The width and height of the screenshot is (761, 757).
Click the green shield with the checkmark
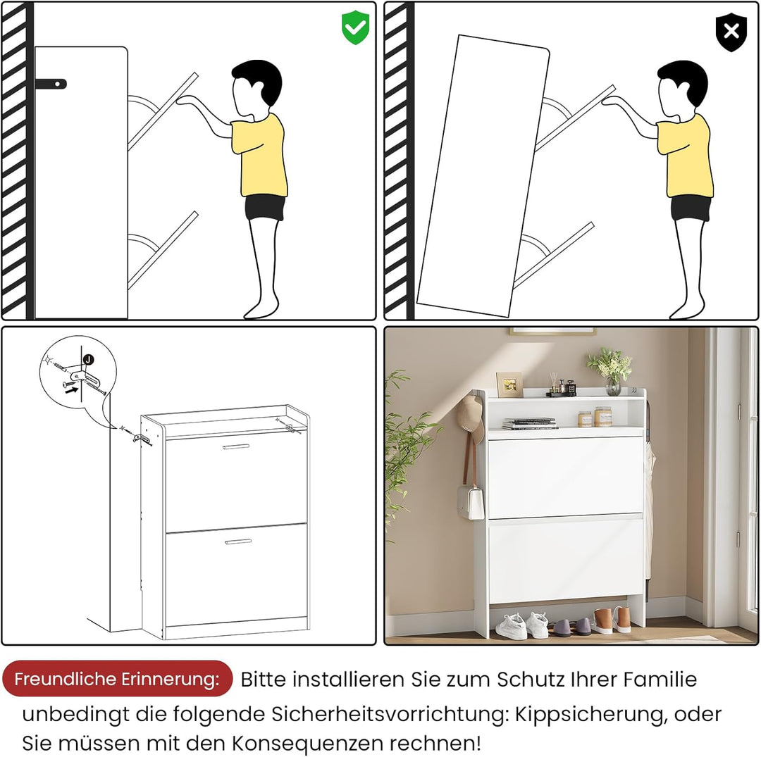[355, 27]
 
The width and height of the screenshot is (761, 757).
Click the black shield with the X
[731, 32]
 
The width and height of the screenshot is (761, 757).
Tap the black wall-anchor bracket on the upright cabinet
[51, 84]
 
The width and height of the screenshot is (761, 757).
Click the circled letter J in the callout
[88, 359]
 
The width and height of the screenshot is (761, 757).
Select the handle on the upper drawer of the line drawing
[236, 446]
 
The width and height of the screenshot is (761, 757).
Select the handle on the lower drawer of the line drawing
[238, 542]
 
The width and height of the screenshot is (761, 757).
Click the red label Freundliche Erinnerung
[117, 678]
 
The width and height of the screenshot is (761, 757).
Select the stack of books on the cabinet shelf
[529, 423]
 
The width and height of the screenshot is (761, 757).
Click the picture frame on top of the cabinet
[509, 384]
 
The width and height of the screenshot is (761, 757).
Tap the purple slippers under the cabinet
[571, 627]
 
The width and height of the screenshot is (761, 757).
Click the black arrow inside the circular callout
[71, 389]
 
